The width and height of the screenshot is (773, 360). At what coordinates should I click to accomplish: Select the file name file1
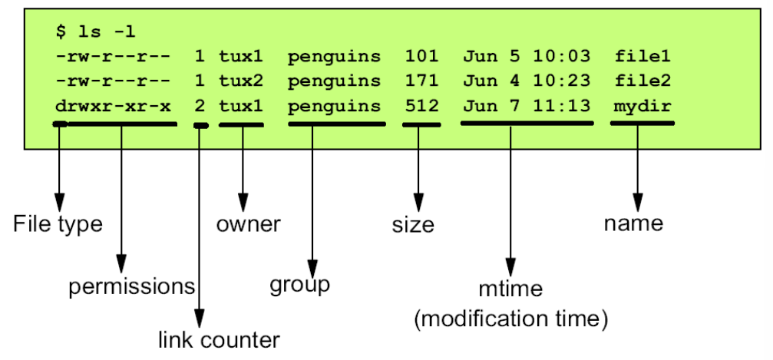click(643, 56)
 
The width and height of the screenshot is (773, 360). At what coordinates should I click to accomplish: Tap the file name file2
click(643, 80)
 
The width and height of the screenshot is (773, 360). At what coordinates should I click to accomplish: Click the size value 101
click(421, 56)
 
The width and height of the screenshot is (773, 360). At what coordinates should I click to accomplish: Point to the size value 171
click(421, 80)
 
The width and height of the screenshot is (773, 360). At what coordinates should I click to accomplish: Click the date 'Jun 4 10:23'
click(526, 80)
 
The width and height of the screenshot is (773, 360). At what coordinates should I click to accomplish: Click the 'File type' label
click(58, 225)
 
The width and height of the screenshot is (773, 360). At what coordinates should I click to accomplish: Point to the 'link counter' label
click(219, 339)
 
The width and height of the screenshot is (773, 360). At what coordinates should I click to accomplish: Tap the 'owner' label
click(247, 225)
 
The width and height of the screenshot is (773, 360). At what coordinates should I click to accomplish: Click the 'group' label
click(299, 284)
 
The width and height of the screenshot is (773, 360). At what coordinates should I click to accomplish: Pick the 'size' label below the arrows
click(412, 225)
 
